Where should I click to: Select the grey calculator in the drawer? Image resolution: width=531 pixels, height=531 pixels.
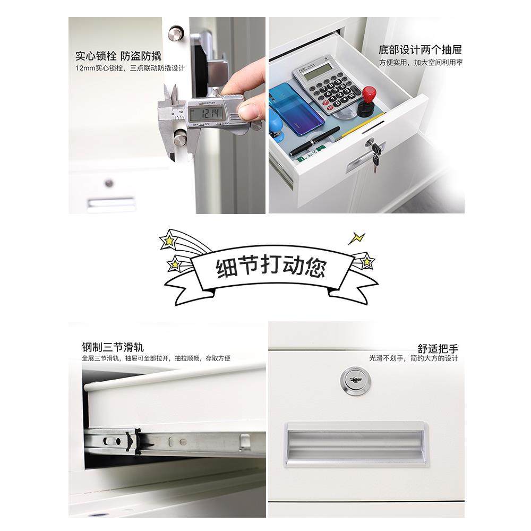(x=326, y=86)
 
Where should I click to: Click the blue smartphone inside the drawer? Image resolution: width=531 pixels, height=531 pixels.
(x=296, y=108)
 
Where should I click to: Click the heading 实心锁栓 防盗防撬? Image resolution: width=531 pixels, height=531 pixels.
(x=118, y=56)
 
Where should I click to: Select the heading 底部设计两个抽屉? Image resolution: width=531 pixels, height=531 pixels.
(x=420, y=50)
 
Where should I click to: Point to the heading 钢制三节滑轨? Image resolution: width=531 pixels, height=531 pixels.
(x=113, y=348)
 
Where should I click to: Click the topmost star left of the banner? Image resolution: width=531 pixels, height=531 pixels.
(x=168, y=241)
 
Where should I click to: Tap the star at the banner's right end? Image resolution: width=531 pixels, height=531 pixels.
(x=366, y=261)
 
